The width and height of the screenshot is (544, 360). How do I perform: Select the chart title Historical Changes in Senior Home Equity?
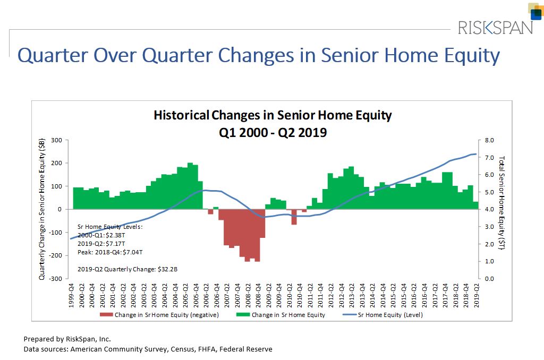click(273, 115)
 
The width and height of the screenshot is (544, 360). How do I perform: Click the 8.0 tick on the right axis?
click(489, 140)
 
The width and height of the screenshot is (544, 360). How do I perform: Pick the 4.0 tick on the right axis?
click(489, 209)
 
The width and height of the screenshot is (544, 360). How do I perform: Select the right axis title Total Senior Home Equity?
click(502, 202)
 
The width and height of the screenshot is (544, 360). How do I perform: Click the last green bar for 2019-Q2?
click(476, 205)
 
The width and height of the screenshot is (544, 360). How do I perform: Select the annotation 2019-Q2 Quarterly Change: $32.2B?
click(127, 269)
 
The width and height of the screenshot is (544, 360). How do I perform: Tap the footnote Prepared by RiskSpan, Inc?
click(67, 339)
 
